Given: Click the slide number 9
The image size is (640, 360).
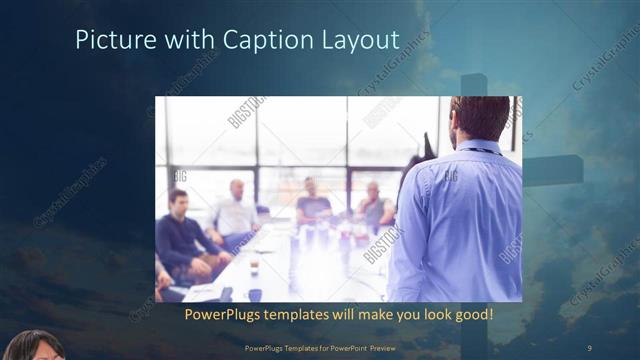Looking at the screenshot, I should coord(589,347).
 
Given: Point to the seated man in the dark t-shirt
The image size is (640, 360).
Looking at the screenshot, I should coord(313,201).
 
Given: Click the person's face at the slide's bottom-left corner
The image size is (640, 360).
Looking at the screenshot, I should coord(35,347).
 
